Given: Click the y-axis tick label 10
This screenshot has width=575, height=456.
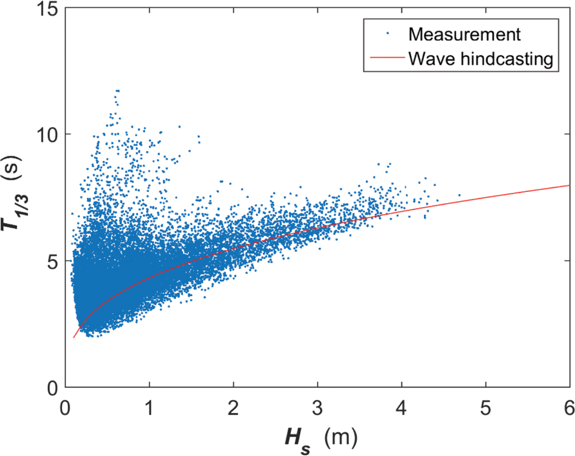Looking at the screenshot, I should (x=47, y=135).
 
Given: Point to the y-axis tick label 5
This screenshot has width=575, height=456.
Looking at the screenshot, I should (x=53, y=262).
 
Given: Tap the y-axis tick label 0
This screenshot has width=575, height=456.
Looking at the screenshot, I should (x=53, y=388).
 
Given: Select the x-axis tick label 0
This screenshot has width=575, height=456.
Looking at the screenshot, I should (x=65, y=408).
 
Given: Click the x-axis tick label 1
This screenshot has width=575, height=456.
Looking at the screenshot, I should (x=149, y=408).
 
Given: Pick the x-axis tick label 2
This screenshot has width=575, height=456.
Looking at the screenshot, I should (x=234, y=408).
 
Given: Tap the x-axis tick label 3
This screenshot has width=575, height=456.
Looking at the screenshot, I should (x=317, y=408).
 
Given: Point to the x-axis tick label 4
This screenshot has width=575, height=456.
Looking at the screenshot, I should (x=401, y=408).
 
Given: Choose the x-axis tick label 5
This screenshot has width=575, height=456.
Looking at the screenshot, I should (x=486, y=408).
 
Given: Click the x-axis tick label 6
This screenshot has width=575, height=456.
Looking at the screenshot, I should (x=569, y=408).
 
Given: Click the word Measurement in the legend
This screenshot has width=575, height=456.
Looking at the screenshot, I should (x=464, y=34).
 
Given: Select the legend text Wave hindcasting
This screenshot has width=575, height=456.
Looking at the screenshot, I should (x=481, y=58).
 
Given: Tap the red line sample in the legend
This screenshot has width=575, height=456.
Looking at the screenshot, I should (x=387, y=58).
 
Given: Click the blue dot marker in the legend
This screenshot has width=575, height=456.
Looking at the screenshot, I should (x=387, y=34).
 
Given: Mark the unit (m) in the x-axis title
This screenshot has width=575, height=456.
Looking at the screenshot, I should (x=340, y=437).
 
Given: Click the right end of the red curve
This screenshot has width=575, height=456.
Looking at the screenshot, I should (x=569, y=185).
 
